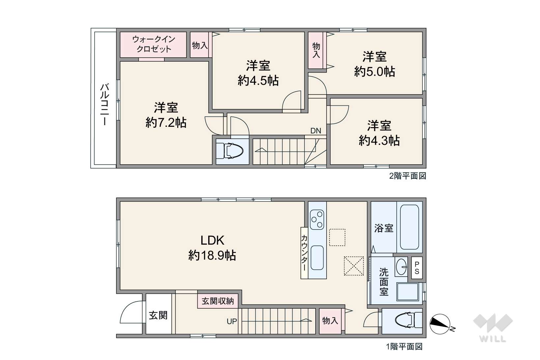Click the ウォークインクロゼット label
click(154, 44)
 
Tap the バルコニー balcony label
click(105, 104)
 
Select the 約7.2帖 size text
click(166, 123)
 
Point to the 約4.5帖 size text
click(258, 80)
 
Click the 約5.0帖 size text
click(375, 71)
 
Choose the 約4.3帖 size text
click(379, 140)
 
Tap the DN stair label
click(316, 131)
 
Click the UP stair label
click(232, 321)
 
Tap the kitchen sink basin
click(317, 258)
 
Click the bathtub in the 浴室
click(409, 227)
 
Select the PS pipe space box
click(417, 268)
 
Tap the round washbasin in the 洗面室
click(401, 267)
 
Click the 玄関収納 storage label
click(218, 301)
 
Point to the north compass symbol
click(440, 324)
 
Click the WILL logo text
click(493, 339)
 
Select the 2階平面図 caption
click(408, 176)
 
